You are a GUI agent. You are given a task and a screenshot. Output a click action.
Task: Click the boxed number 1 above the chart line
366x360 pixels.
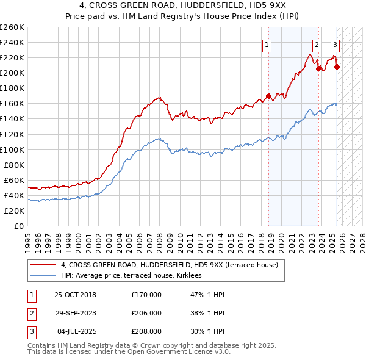[267, 44]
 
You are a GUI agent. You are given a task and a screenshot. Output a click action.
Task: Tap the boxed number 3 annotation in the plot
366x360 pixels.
[335, 44]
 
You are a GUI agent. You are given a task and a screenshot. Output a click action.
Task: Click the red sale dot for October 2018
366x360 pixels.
[268, 96]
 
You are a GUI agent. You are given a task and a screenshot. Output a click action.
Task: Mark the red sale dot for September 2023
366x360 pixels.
[318, 68]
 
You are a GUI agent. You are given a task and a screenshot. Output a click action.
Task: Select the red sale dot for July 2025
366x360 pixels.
[337, 67]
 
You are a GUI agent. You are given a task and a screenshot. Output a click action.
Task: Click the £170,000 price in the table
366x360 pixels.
[146, 295]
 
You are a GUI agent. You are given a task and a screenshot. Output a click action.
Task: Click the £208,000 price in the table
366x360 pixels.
[146, 331]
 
